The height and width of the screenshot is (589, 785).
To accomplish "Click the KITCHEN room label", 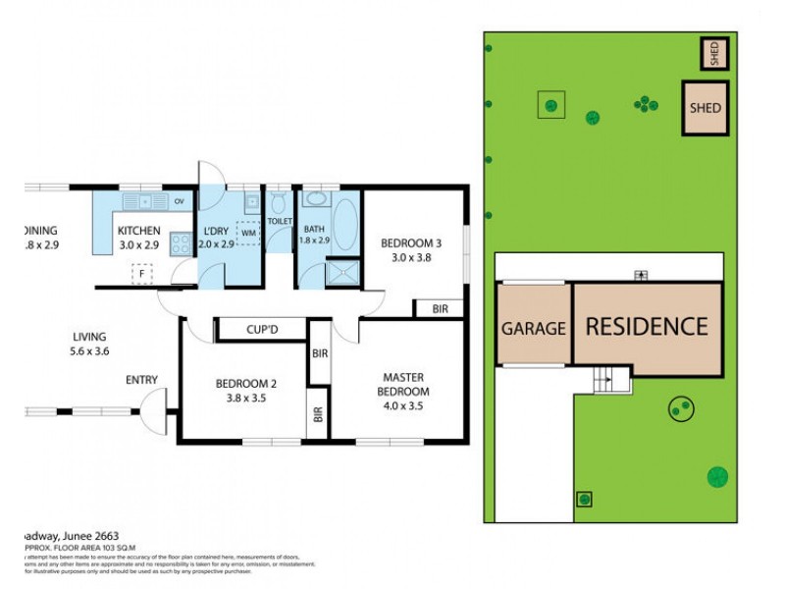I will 138,232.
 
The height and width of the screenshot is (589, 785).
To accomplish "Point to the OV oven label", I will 179,202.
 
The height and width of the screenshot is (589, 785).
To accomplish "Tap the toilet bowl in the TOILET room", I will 279,205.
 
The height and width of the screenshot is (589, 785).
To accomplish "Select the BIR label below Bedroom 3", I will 440,309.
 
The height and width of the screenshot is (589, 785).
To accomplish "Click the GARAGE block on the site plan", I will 535,328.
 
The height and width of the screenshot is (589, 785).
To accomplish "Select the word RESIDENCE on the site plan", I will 646,326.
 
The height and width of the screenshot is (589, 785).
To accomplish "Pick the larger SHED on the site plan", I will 705,108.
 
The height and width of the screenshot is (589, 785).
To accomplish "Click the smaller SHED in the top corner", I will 714,52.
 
